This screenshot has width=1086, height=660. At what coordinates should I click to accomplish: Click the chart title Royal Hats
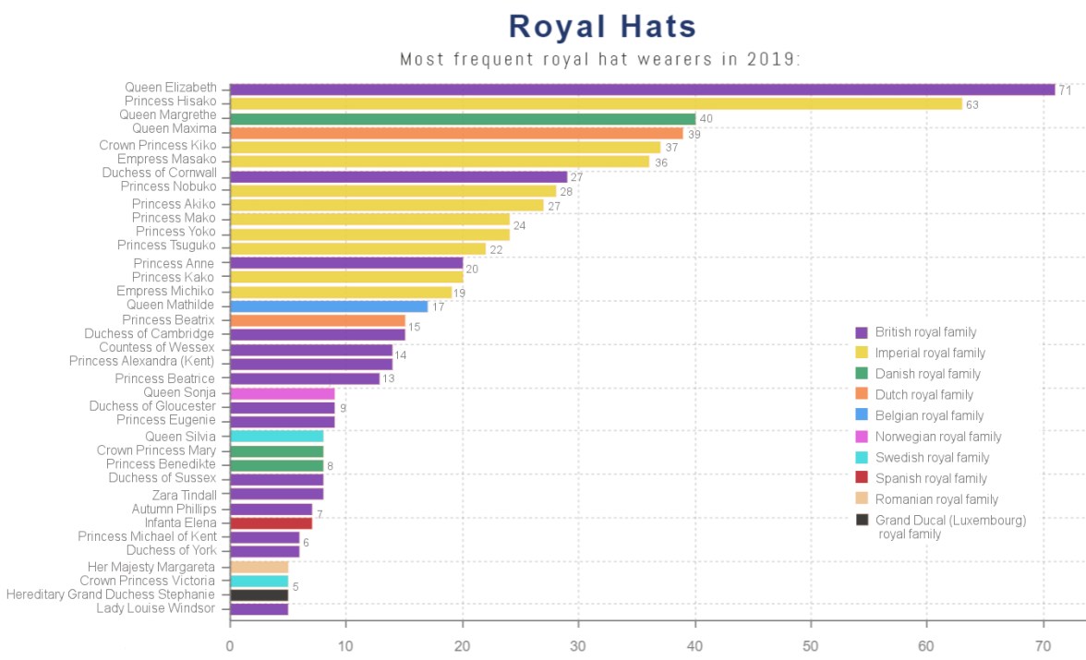click(x=602, y=26)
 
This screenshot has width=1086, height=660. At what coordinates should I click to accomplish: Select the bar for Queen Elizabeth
click(x=642, y=90)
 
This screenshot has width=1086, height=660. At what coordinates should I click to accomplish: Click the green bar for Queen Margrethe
click(x=462, y=119)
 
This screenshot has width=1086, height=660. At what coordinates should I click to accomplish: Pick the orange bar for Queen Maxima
click(x=456, y=133)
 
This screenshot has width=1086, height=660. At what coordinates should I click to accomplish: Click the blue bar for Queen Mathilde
click(x=329, y=306)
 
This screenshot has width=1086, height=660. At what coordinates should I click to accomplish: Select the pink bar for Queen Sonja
click(x=282, y=393)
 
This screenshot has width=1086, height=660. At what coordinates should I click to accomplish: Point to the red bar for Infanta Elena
click(x=271, y=523)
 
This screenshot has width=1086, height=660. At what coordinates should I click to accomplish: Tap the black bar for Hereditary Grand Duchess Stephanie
click(x=259, y=595)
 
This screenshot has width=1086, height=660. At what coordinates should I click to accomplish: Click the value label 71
click(x=1065, y=90)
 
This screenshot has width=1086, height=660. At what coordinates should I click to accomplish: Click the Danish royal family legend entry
click(x=927, y=374)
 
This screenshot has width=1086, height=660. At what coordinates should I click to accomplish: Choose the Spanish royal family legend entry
click(x=931, y=478)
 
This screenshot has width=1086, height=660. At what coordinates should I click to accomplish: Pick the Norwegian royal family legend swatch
click(x=862, y=437)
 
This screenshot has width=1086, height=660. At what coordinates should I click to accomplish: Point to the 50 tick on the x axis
click(x=811, y=646)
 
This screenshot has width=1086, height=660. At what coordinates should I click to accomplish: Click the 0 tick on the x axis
click(x=230, y=646)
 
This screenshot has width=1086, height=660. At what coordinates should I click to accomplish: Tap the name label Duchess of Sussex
click(x=162, y=478)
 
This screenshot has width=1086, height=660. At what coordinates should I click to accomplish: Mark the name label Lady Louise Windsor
click(x=155, y=608)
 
